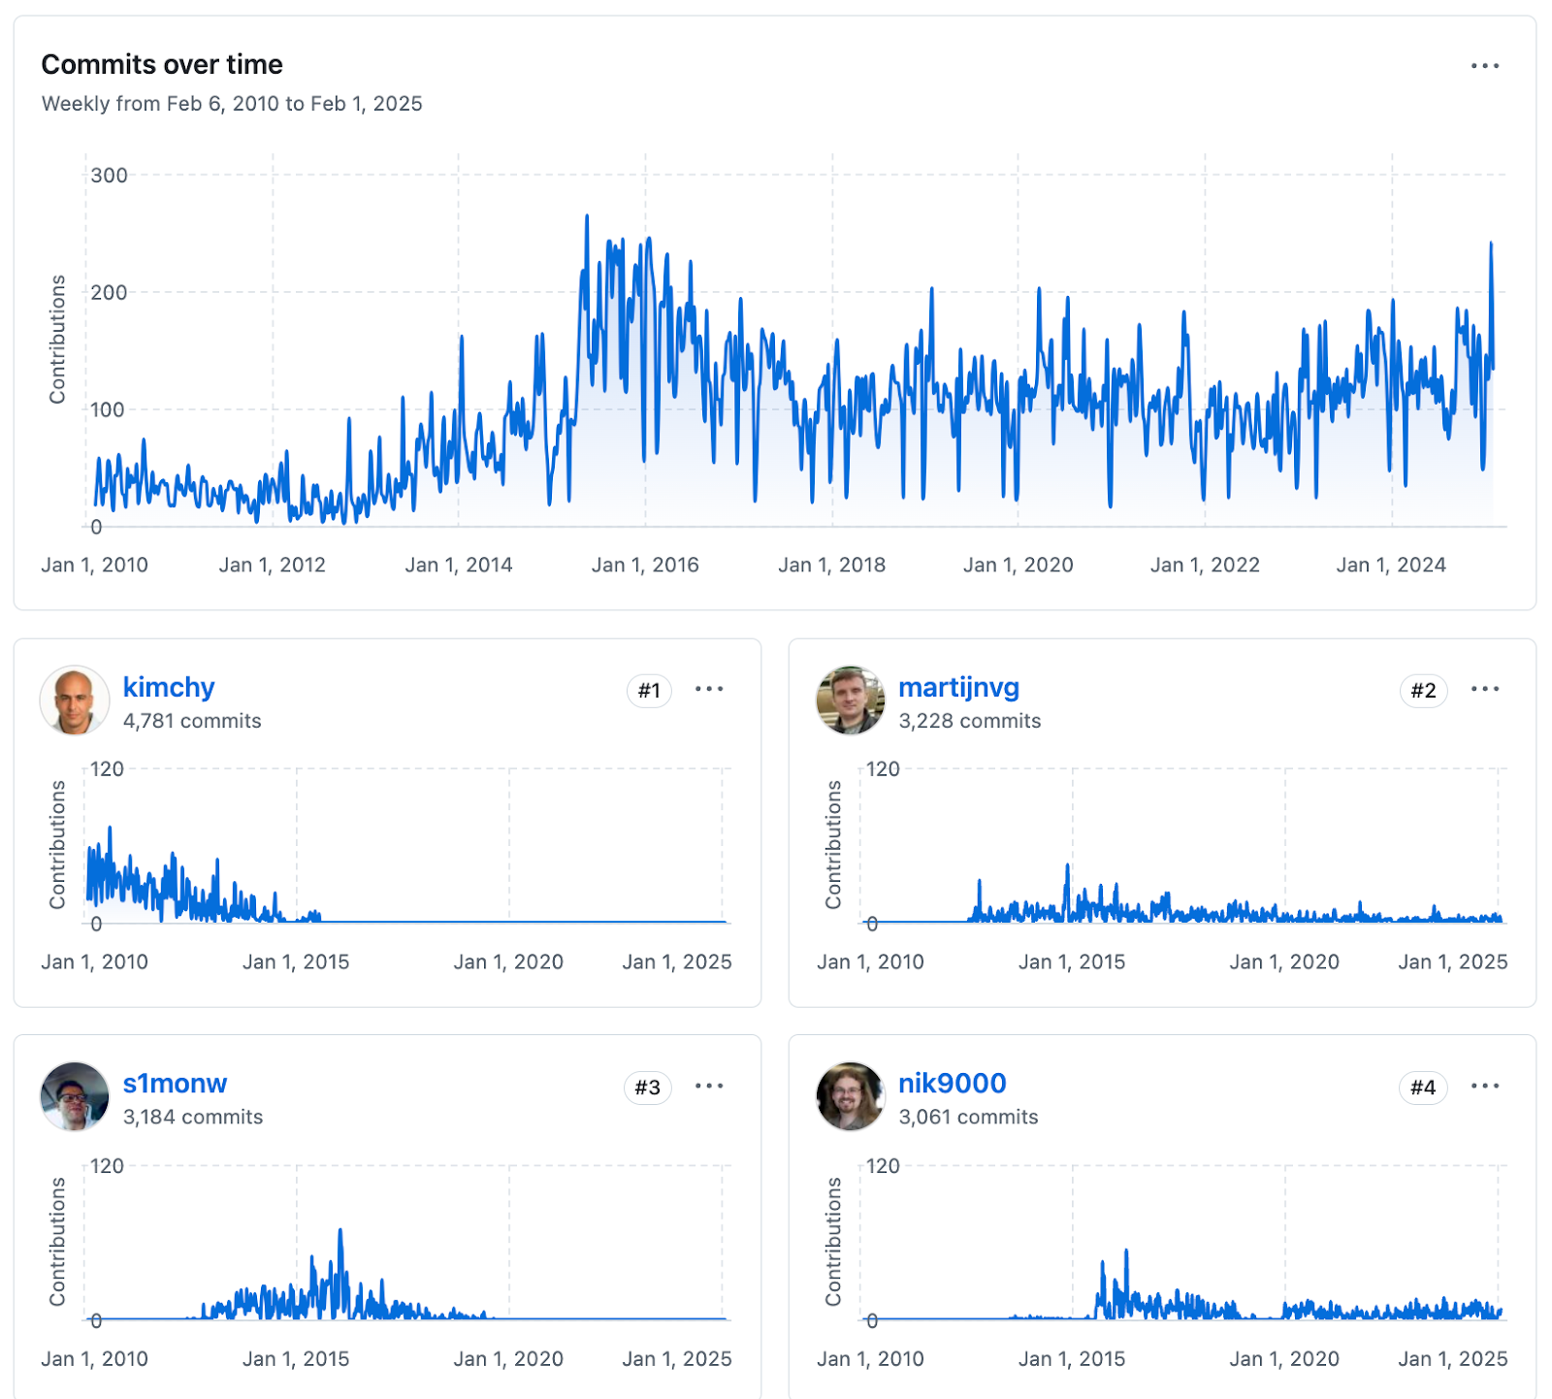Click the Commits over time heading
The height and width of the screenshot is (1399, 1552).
pos(162,64)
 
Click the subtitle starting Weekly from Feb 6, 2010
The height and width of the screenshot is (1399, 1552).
pos(232,104)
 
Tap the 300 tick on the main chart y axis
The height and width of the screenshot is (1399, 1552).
pos(109,176)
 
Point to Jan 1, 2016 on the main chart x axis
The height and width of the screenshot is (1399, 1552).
pos(645,565)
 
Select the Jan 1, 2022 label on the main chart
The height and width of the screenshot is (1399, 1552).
pos(1205,565)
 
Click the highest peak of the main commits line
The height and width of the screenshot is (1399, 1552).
pos(587,217)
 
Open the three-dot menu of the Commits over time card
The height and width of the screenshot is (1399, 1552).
pos(1484,66)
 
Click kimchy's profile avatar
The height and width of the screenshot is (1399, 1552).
pos(75,700)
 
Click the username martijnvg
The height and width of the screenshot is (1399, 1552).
pos(958,687)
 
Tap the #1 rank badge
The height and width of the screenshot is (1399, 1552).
pos(649,691)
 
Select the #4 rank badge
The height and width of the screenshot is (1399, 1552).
pos(1423,1088)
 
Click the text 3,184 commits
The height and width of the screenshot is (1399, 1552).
pos(193,1117)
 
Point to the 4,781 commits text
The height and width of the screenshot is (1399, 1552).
pos(192,721)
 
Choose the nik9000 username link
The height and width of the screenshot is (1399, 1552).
pos(952,1083)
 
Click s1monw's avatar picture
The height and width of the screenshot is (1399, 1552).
pos(75,1096)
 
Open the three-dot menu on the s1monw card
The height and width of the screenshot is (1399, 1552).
pos(709,1086)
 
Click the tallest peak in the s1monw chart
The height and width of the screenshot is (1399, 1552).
pos(340,1231)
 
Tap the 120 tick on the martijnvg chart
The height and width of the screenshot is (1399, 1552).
pos(883,769)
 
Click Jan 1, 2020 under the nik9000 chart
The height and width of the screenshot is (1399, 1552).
pos(1284,1358)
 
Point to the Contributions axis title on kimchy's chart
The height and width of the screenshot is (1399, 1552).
pos(58,844)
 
